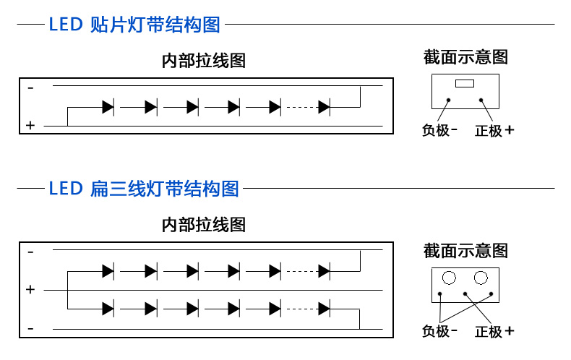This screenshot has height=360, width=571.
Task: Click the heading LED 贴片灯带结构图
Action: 134,25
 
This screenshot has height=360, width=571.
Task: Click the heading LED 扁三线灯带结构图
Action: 144,189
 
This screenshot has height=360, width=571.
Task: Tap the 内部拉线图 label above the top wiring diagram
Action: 204,61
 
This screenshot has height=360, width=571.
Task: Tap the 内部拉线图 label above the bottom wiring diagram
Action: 204,225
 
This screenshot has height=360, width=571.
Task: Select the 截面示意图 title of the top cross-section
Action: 465,57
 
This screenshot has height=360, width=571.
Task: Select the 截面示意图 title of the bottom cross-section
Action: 465,251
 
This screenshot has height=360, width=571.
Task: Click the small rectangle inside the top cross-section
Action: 465,83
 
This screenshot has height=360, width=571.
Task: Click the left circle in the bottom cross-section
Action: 449,278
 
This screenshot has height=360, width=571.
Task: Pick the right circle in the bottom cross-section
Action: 481,278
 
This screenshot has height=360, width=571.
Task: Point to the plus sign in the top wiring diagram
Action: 30,126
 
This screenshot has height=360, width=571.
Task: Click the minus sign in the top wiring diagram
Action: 30,87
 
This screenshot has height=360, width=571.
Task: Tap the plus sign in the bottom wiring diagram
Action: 30,290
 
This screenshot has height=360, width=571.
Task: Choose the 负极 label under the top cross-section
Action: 436,130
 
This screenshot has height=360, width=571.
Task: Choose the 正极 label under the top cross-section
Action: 489,130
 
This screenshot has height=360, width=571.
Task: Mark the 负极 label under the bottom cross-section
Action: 436,331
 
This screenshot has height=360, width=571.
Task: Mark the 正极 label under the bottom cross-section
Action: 489,331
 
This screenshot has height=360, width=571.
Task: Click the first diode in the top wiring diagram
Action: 108,108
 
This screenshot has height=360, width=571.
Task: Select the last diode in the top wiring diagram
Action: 324,108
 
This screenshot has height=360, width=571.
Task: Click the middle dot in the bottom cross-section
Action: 465,293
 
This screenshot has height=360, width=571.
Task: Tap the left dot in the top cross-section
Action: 449,100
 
